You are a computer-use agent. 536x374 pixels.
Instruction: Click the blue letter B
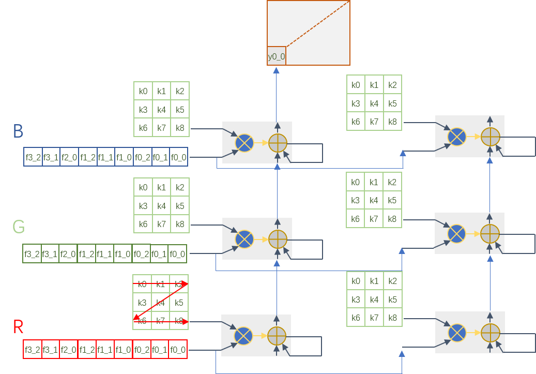(18, 131)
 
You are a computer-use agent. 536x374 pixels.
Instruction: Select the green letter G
(19, 227)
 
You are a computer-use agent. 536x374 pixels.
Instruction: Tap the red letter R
(18, 326)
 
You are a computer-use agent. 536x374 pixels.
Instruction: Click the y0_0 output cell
(276, 56)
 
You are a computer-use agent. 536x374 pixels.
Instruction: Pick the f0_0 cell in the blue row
(178, 157)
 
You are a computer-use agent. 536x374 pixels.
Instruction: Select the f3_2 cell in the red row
(33, 349)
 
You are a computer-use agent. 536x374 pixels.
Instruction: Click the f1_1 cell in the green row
(105, 253)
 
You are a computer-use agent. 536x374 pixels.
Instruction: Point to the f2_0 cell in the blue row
(69, 157)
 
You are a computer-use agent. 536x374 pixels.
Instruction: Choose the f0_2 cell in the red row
(142, 349)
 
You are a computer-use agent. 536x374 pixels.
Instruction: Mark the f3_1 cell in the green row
(50, 253)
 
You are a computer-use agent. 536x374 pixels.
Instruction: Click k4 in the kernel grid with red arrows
(161, 303)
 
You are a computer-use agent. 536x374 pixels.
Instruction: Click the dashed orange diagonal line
(318, 23)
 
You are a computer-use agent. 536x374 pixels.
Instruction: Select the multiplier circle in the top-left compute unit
(244, 142)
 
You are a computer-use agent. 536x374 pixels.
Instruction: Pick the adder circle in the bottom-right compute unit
(490, 332)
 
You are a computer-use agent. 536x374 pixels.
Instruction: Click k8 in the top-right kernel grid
(392, 122)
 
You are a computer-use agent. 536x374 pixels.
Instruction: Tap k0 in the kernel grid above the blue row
(143, 92)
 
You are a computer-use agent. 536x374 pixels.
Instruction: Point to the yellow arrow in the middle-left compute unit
(261, 239)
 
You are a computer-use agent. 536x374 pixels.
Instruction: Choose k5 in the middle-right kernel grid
(392, 200)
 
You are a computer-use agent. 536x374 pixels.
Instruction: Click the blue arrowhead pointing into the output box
(276, 69)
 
